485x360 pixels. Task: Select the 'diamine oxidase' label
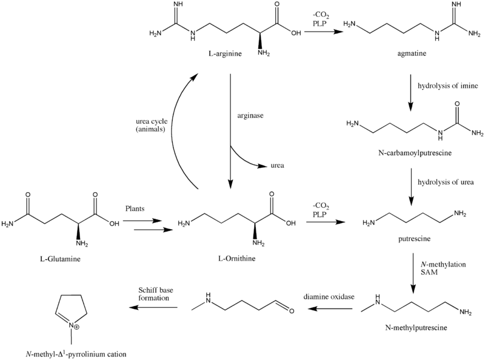329,297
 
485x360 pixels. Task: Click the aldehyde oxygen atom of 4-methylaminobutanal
291,313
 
